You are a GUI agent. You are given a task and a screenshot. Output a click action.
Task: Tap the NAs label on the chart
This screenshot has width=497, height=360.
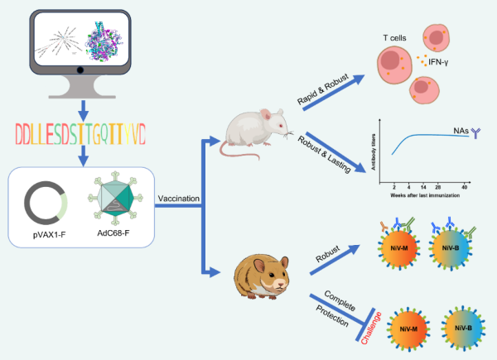coord(464,130)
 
